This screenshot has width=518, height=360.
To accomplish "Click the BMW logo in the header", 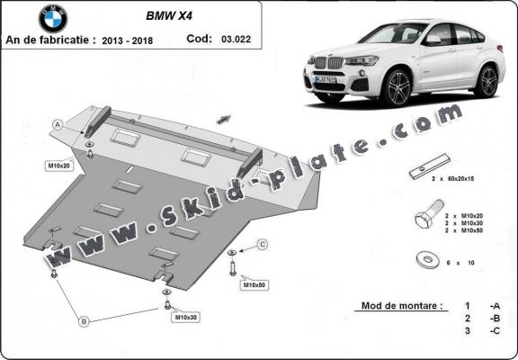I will pos(53,18).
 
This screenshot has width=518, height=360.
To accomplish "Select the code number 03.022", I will pos(240,39).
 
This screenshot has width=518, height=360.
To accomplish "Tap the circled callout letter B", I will pos(84,320).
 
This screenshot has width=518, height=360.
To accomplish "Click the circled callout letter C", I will pos(263,244).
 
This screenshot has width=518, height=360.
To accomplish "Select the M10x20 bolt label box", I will pos(59,166).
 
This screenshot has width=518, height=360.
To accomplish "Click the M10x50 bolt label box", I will pos(254,285).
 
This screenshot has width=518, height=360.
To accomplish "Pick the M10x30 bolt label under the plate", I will pos(185,318).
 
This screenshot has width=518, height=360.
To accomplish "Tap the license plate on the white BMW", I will pos(326,79).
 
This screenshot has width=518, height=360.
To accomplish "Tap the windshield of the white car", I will pos(393,35).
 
